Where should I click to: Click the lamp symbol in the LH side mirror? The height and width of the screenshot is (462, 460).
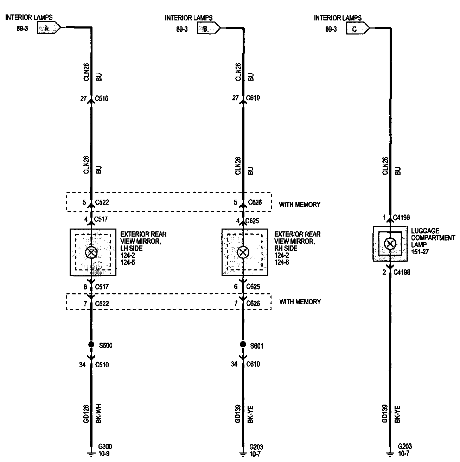[x=91, y=252]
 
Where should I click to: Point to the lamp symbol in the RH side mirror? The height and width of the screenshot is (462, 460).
[x=243, y=252]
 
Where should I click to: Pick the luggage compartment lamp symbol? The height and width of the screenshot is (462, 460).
[x=390, y=244]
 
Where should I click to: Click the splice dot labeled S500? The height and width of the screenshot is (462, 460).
[x=91, y=344]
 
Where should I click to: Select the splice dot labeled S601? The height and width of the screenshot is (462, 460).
[x=243, y=344]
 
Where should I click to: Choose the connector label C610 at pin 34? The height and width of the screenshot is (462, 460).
[x=253, y=364]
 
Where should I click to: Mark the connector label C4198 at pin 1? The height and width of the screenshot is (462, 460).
[x=401, y=218]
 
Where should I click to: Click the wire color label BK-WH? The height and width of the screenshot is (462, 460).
[x=99, y=414]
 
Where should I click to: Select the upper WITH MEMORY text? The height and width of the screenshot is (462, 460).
[x=300, y=204]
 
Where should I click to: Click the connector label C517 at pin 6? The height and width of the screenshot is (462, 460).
[x=101, y=287]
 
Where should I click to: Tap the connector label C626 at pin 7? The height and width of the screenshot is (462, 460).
[x=253, y=303]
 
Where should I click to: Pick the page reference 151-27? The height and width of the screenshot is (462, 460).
[x=420, y=252]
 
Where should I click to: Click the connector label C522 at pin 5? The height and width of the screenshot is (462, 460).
[x=102, y=202]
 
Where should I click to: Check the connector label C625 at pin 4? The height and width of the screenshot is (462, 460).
[x=253, y=221]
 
